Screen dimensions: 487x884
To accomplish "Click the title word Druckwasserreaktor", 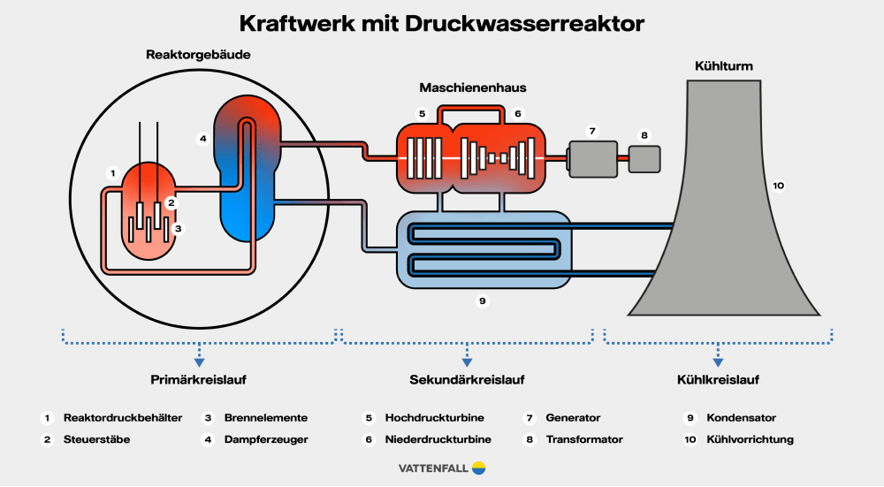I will [525, 24].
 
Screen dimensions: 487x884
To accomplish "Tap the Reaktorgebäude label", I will [198, 55].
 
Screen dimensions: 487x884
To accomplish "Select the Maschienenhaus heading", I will [466, 88].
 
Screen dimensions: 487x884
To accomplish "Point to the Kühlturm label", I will [724, 66].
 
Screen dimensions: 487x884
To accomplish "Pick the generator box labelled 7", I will [593, 158].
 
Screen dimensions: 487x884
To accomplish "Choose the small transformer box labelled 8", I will [644, 158].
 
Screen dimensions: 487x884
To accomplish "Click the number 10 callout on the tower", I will [778, 186].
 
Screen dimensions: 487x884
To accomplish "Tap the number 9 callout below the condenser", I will [483, 301].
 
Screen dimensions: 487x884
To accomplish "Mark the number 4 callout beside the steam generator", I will [202, 138].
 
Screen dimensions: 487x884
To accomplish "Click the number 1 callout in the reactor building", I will [112, 171].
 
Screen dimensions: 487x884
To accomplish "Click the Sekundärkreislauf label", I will [467, 381].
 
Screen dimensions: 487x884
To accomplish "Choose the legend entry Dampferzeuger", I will [266, 439].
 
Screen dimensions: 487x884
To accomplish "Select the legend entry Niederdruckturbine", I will [438, 439].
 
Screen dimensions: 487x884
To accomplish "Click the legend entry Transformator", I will [584, 439].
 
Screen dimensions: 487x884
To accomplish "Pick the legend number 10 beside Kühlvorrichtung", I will [690, 439].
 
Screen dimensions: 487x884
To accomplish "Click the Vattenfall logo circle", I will [479, 468].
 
